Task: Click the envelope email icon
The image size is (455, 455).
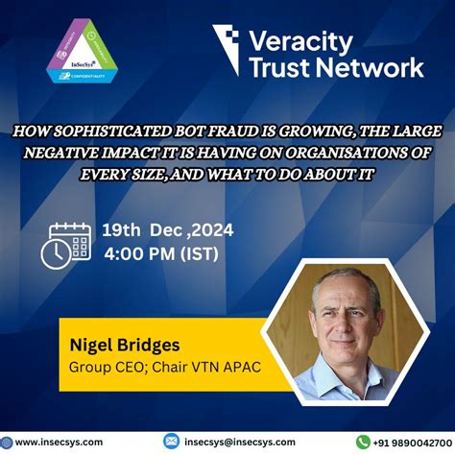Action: [171, 441]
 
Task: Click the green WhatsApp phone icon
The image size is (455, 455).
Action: [363, 441]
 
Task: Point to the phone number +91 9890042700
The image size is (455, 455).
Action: [411, 441]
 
